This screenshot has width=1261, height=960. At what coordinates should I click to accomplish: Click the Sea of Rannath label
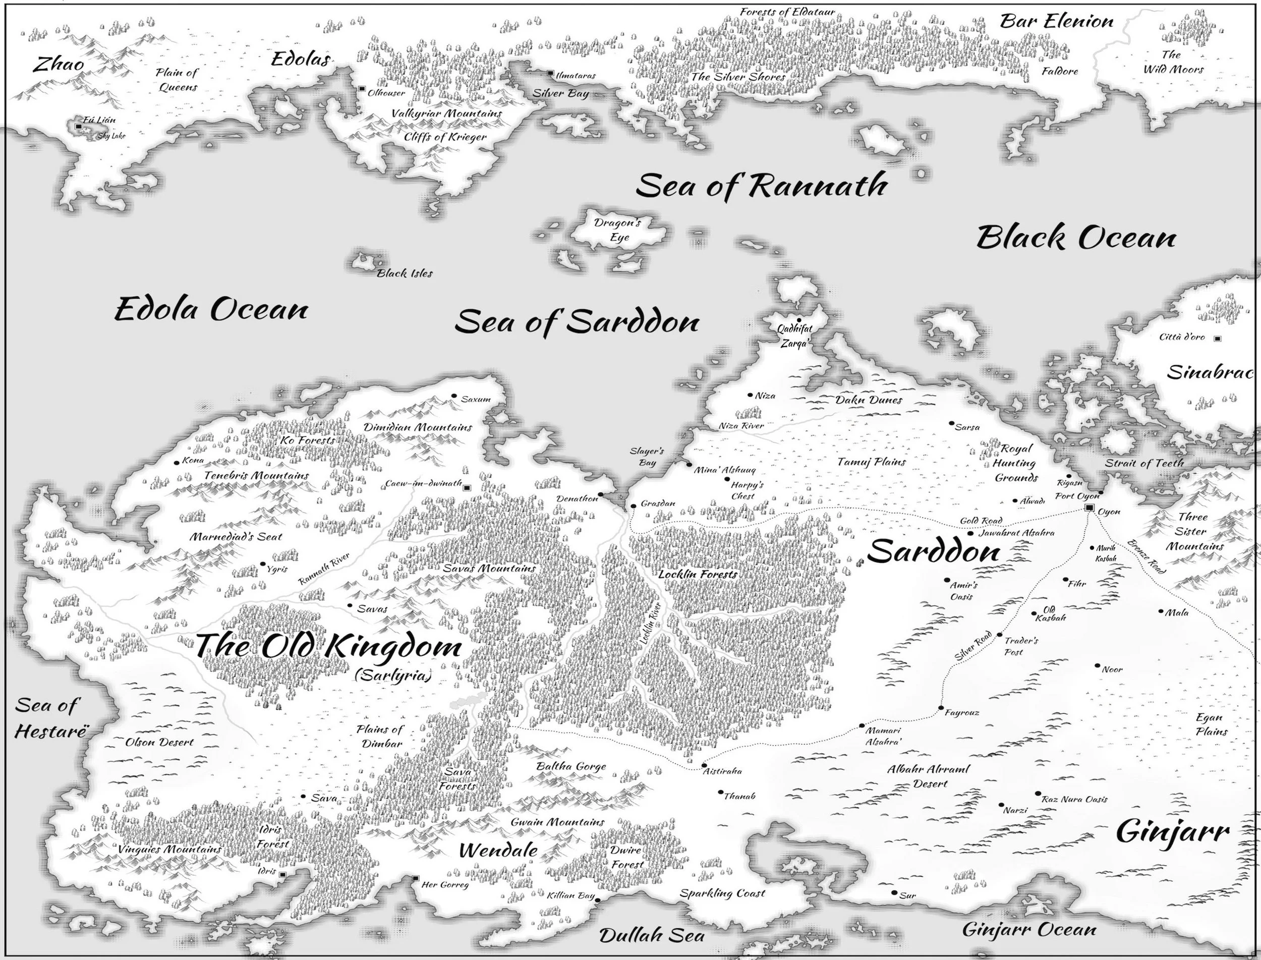coord(761,186)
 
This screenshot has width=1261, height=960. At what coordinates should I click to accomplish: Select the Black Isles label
coord(405,274)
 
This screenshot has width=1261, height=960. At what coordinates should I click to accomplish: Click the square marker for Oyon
coord(1089,508)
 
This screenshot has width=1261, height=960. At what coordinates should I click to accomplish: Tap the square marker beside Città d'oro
coord(1217,339)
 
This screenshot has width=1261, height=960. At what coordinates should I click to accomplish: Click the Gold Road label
coord(981,521)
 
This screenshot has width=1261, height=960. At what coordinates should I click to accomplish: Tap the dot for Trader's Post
coord(999,635)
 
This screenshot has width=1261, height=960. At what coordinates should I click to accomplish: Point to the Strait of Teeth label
coord(1144,463)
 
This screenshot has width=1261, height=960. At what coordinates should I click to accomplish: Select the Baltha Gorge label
coord(571,766)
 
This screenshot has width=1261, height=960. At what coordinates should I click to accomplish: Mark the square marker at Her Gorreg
coord(416,878)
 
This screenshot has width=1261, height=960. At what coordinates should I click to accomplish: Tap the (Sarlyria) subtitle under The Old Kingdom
coord(392,676)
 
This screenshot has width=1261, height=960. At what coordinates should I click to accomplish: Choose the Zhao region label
coord(58,64)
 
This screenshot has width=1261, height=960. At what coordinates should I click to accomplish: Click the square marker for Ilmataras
coord(550,74)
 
